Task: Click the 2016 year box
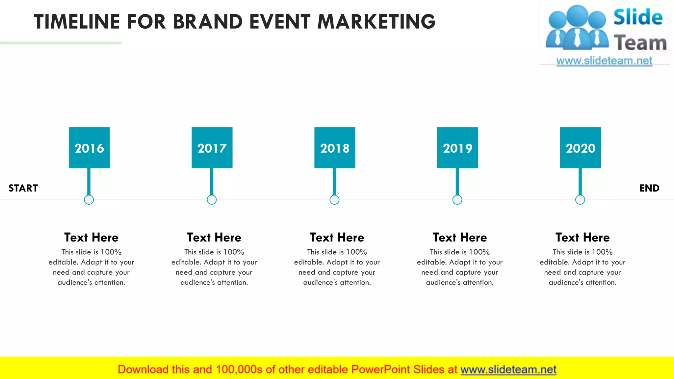click(x=89, y=148)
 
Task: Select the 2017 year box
click(x=212, y=148)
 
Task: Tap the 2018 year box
click(x=335, y=148)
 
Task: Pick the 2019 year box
click(x=457, y=148)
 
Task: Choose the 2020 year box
click(x=580, y=148)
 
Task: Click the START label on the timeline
click(x=23, y=188)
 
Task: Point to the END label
click(x=649, y=188)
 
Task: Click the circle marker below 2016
click(x=89, y=200)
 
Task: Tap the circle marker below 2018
click(x=334, y=200)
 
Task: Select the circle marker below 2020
click(x=580, y=200)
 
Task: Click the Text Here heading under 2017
click(x=214, y=237)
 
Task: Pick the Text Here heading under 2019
click(x=459, y=237)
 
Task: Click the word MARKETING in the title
click(x=376, y=22)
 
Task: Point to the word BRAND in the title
click(x=208, y=22)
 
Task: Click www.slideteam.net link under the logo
click(x=604, y=61)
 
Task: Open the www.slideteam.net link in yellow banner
click(x=508, y=370)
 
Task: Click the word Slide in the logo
click(x=637, y=17)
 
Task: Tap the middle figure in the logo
click(x=577, y=28)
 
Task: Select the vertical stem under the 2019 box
click(x=457, y=182)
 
